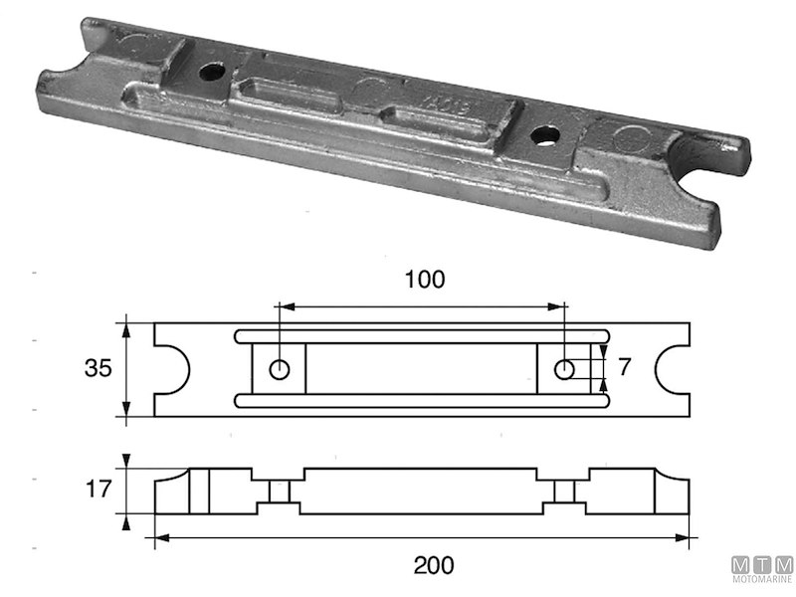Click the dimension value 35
98,369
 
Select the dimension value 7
624,367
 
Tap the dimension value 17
98,491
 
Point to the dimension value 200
423,565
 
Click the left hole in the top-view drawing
281,370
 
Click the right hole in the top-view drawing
564,370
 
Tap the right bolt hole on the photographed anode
543,134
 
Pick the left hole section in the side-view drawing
280,492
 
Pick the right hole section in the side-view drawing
564,492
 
